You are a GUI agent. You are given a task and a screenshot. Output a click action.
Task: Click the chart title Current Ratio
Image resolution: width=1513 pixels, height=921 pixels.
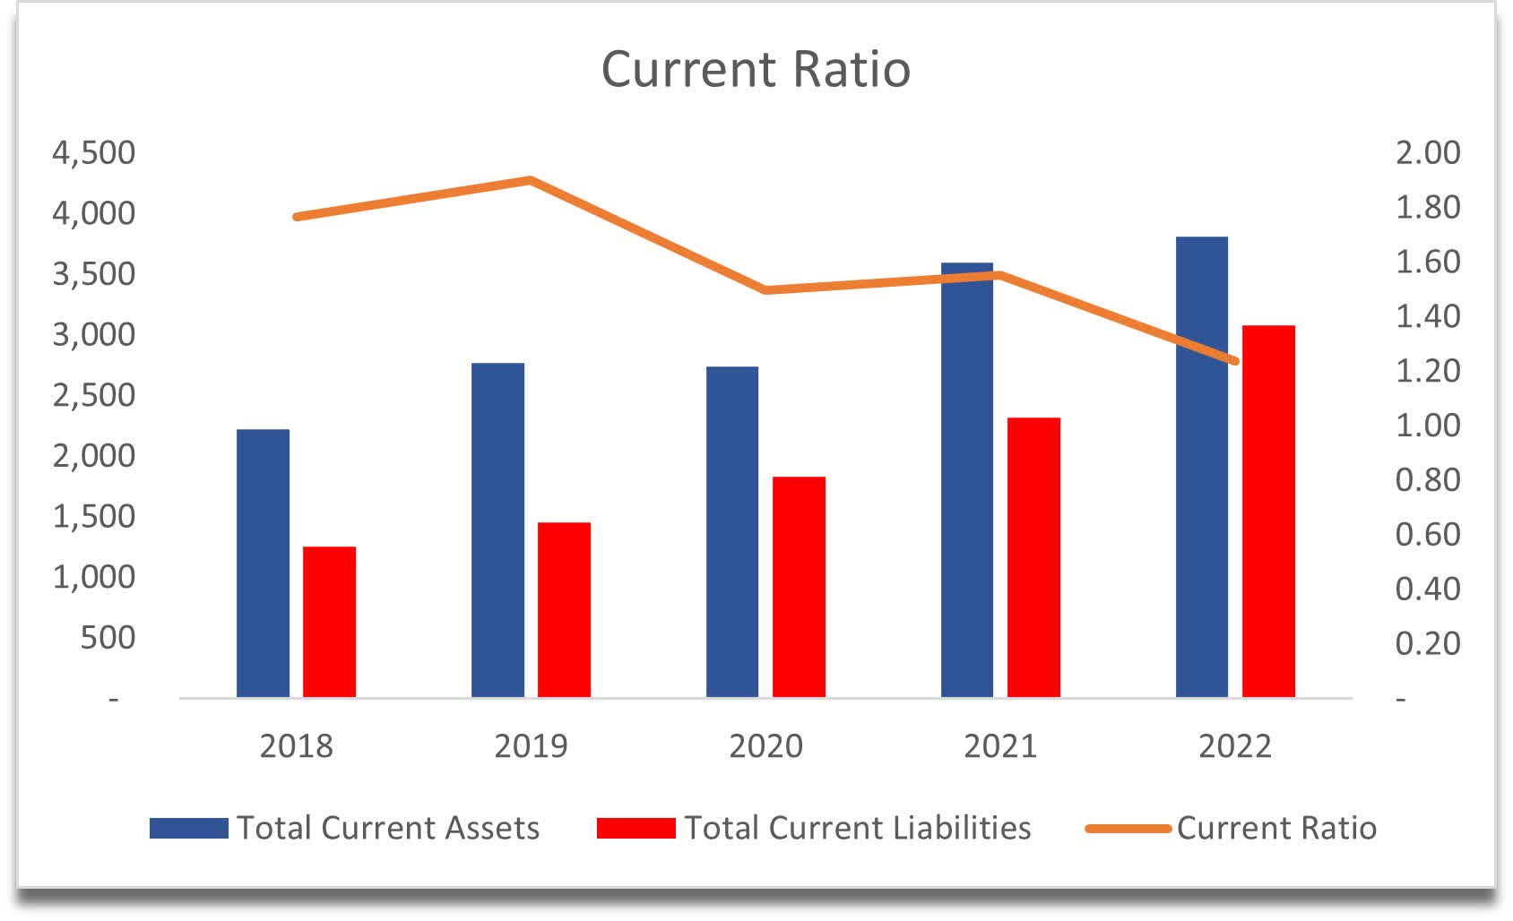pos(756,69)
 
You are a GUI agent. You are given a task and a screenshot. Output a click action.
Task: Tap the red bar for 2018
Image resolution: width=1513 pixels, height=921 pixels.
pos(329,622)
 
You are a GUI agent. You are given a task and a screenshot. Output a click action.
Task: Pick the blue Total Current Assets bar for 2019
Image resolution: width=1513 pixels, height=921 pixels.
pos(497,529)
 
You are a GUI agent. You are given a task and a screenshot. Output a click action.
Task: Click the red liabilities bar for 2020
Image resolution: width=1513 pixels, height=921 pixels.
pos(799,587)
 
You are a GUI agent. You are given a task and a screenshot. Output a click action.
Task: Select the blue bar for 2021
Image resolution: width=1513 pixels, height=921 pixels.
pos(967,479)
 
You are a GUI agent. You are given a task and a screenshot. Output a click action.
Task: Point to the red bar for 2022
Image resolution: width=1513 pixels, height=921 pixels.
pos(1268,511)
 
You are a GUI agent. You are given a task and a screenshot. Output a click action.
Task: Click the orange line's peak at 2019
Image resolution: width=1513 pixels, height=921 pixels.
pos(530,180)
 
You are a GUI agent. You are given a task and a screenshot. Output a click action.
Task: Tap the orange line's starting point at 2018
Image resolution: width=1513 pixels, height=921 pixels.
pos(297,217)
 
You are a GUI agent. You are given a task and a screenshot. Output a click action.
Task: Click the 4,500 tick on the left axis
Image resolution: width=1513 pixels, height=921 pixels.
pos(94,152)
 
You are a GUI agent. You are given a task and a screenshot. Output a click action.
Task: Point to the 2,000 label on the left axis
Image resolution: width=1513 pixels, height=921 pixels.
pos(94,455)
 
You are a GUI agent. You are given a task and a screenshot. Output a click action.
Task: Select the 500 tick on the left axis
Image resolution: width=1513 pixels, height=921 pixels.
pos(107,637)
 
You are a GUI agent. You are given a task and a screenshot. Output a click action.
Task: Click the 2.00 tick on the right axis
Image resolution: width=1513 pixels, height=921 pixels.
pos(1427,152)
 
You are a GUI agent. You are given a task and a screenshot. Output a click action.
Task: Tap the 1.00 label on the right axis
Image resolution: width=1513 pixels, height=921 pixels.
pos(1427,425)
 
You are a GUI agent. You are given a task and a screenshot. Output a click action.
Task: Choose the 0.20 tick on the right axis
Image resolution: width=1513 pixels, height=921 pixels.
pos(1427,643)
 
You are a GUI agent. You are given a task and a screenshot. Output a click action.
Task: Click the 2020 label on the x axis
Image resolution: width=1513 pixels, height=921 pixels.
pos(765,745)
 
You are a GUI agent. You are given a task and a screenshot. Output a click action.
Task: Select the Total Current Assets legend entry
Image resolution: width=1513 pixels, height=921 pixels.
pos(387,828)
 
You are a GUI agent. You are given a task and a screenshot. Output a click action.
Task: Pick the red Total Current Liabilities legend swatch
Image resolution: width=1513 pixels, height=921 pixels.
pos(635,828)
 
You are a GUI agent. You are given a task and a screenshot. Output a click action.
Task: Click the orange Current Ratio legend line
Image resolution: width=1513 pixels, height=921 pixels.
pos(1128,829)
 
